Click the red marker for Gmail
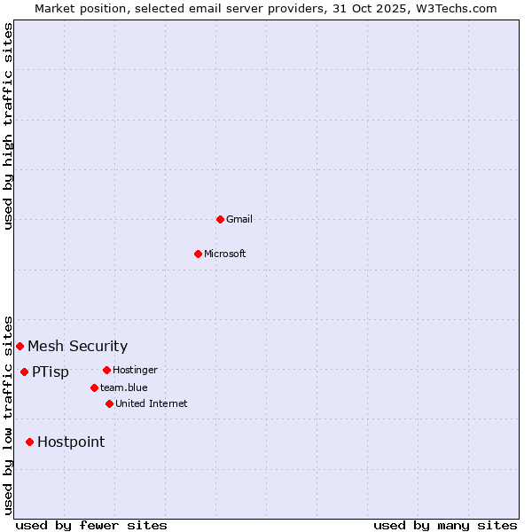(220, 219)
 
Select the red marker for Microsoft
(199, 254)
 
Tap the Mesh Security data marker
(20, 346)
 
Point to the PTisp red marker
(24, 372)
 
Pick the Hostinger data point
(106, 370)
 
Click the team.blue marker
(94, 387)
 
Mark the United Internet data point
(109, 403)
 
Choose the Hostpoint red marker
(29, 442)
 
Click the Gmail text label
(239, 219)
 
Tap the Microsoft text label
(225, 254)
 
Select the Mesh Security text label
(77, 346)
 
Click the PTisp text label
(51, 372)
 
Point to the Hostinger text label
(135, 370)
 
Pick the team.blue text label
(124, 387)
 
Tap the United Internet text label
(152, 403)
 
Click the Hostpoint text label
(71, 442)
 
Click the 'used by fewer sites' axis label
(91, 525)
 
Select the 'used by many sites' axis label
(445, 525)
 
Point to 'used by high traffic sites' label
(9, 126)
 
